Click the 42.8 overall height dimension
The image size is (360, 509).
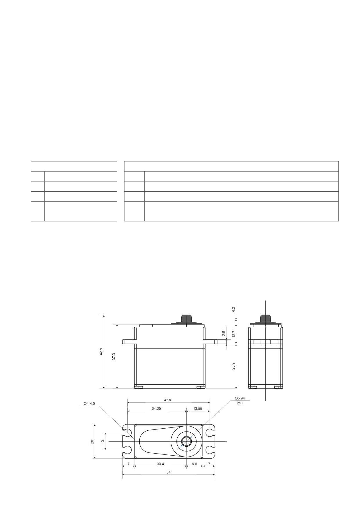(x=101, y=351)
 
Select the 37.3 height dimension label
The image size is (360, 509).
(x=114, y=356)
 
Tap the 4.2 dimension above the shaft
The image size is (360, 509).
(x=233, y=309)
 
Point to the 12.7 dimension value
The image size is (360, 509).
(x=233, y=334)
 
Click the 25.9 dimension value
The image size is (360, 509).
(x=233, y=366)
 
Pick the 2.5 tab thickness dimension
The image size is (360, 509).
(x=224, y=333)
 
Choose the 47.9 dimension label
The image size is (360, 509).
(x=168, y=400)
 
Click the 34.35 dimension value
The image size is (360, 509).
(x=156, y=408)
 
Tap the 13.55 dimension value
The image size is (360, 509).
(x=197, y=408)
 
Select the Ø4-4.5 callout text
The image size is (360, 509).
(x=89, y=403)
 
